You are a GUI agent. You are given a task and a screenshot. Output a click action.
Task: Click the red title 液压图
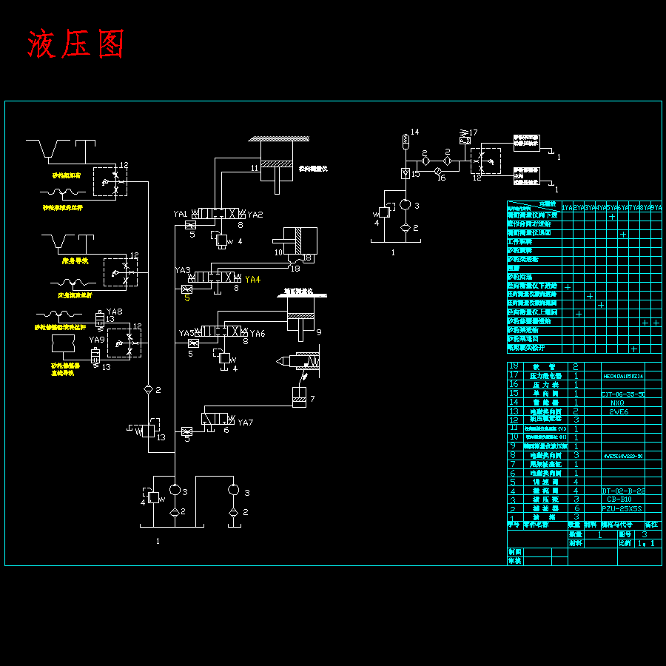point(75,44)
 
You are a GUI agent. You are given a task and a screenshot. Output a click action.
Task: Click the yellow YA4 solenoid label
point(253,280)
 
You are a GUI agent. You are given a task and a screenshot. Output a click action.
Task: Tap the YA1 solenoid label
point(181,214)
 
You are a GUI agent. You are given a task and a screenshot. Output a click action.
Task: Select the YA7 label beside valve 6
point(246,423)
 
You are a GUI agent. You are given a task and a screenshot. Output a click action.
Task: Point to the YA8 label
point(115,312)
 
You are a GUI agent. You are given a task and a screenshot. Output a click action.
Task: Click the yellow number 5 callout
point(187,298)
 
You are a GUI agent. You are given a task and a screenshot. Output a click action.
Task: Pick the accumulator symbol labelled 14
point(405,139)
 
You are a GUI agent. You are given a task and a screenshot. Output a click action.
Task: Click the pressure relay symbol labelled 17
point(464,138)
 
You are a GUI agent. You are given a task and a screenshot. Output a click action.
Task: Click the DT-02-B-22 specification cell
point(622,491)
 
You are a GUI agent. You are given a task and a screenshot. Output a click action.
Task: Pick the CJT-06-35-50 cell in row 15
point(622,394)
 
